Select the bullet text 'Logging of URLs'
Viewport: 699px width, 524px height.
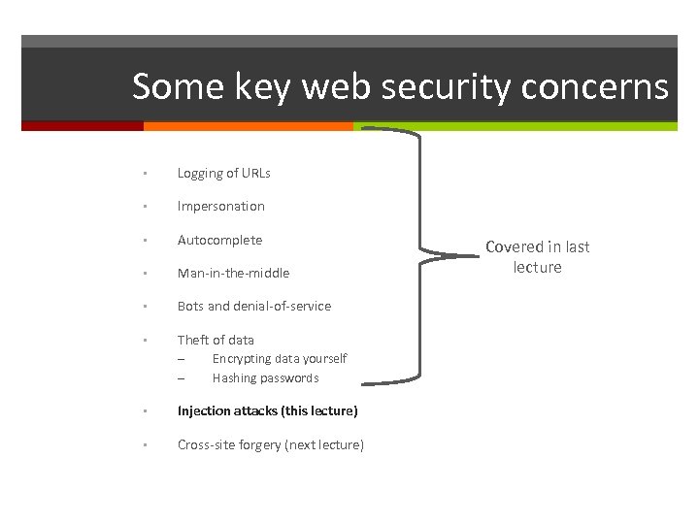(x=223, y=174)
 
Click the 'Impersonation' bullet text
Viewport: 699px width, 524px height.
(x=220, y=207)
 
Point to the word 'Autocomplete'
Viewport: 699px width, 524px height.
(x=219, y=240)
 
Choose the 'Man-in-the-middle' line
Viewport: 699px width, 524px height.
(x=233, y=274)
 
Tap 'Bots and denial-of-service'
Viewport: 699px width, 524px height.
(x=253, y=307)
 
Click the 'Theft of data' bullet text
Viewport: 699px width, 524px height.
(x=216, y=340)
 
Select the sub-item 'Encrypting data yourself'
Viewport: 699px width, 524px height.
(x=279, y=359)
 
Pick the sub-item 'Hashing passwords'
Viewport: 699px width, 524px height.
(x=265, y=378)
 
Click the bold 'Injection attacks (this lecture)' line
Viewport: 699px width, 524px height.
(x=267, y=411)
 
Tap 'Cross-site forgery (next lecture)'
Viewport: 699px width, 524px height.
(x=270, y=445)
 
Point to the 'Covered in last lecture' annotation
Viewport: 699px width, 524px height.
(x=537, y=257)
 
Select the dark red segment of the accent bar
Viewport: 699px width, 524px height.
(x=82, y=126)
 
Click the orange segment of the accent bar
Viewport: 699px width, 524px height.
(x=248, y=126)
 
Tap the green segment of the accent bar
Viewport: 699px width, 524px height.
(x=515, y=126)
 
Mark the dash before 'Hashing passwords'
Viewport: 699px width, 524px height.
(x=181, y=378)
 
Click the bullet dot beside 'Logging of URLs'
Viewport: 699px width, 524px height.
(x=143, y=174)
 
